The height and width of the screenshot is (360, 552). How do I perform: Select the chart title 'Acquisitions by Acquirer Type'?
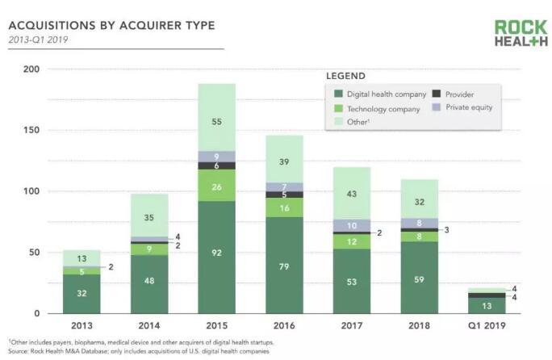click(x=111, y=25)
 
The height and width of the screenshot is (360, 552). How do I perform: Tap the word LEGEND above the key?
click(x=345, y=75)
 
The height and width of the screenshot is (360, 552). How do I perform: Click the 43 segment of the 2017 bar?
click(x=352, y=195)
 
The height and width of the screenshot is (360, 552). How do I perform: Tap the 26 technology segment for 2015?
click(x=216, y=186)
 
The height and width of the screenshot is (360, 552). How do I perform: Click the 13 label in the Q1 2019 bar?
click(x=487, y=306)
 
